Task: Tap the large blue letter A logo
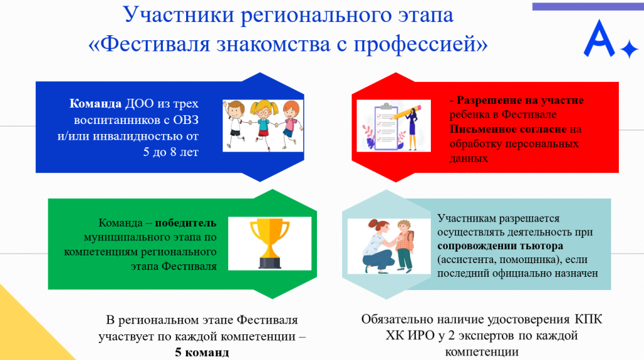point(599,38)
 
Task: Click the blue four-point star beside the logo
point(629,49)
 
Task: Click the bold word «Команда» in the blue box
point(96,103)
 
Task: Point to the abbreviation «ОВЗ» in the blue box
point(186,120)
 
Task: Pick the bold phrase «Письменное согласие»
point(508,129)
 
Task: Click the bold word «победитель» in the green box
point(186,223)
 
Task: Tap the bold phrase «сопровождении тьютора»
point(500,245)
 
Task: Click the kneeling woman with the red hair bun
point(379,245)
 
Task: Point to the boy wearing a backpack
point(404,245)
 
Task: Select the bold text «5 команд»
point(202,352)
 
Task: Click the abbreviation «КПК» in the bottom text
point(588,319)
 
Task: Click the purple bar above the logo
point(588,6)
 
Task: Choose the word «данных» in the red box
point(469,159)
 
